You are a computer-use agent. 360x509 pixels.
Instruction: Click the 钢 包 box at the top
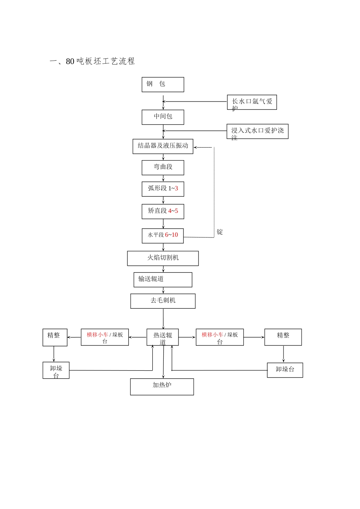click(x=163, y=84)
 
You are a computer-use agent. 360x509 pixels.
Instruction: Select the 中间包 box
click(x=163, y=117)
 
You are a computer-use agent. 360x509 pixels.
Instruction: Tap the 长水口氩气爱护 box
click(x=252, y=102)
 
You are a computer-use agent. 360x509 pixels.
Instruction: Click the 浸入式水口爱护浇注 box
click(x=257, y=131)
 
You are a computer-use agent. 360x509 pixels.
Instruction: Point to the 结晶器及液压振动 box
click(x=163, y=146)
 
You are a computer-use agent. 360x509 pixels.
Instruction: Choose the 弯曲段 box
click(x=163, y=167)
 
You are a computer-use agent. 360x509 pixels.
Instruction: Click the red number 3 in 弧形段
click(x=176, y=189)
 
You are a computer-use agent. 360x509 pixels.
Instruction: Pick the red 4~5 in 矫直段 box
click(x=173, y=211)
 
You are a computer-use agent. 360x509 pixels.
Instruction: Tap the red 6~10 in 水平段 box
click(x=171, y=235)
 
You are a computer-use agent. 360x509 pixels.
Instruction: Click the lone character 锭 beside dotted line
click(x=220, y=232)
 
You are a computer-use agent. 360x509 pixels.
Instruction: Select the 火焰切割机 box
click(x=163, y=258)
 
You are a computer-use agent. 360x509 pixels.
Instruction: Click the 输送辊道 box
click(x=163, y=279)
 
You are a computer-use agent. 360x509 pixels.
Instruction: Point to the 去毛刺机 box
click(x=163, y=301)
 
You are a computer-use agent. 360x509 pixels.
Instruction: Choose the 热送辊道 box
click(x=163, y=337)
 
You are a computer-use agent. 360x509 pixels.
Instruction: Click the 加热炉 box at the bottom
click(x=162, y=387)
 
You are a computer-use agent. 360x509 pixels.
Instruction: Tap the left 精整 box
click(x=55, y=337)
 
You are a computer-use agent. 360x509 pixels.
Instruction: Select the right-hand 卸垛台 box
click(x=285, y=370)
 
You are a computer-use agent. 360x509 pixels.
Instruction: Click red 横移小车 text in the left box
click(x=97, y=335)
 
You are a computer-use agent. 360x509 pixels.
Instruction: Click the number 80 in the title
click(x=70, y=61)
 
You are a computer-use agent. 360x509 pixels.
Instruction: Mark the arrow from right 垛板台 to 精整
click(x=254, y=337)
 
